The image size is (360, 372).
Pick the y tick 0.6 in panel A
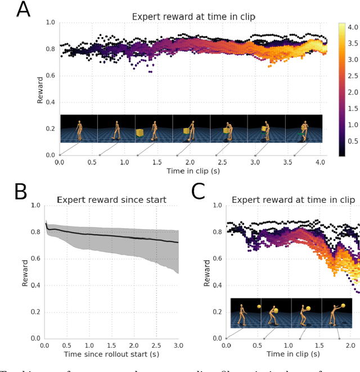[x=49, y=75]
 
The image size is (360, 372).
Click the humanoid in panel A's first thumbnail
[x=79, y=129]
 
